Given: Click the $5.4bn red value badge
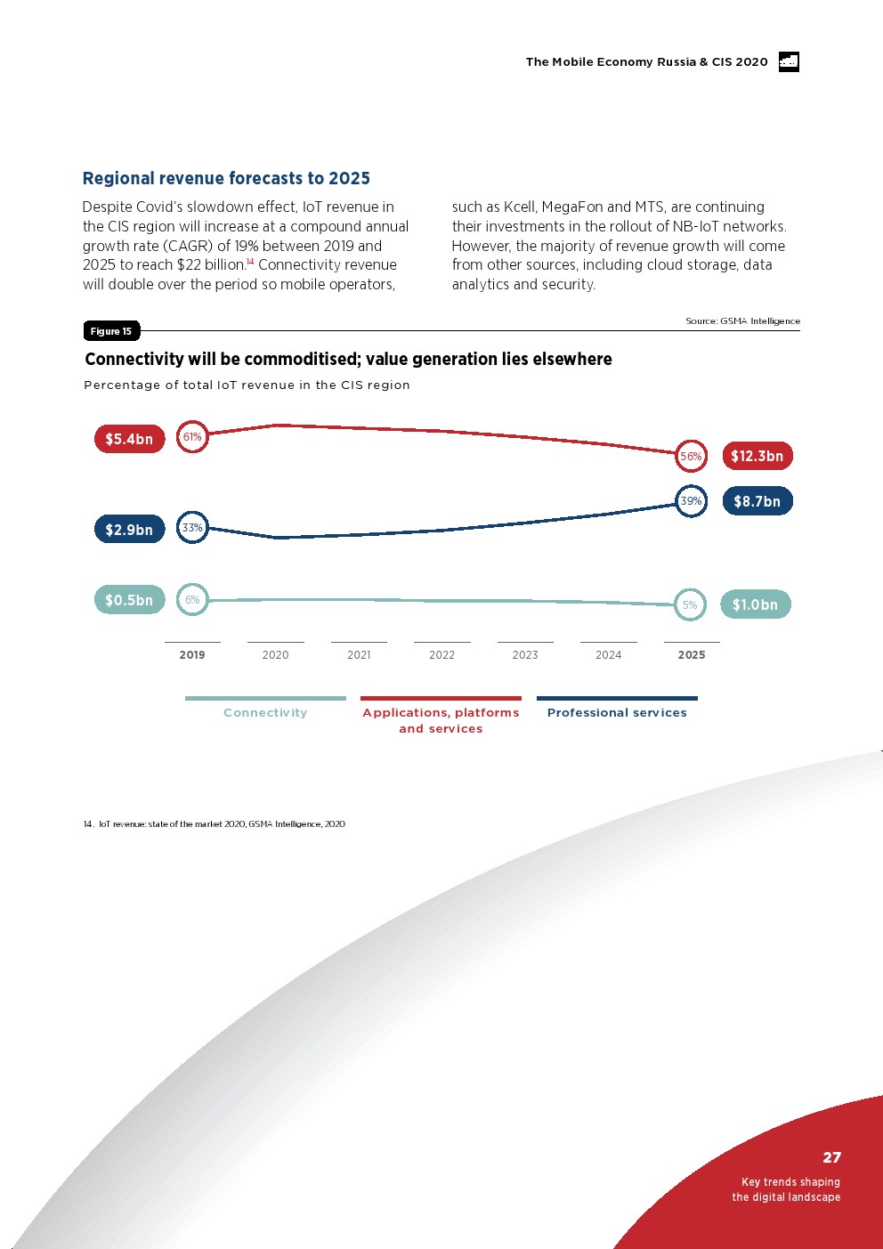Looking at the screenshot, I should (x=129, y=439).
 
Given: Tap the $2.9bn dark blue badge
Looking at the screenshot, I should (x=129, y=530).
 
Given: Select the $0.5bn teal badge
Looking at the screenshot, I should (x=129, y=600).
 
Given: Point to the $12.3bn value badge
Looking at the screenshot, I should (x=757, y=456).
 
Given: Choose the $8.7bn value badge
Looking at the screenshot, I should (x=757, y=501).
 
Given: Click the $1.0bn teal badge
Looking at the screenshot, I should (x=755, y=604).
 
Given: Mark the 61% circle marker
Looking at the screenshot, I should (x=192, y=436).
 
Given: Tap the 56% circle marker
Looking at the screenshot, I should (x=691, y=456).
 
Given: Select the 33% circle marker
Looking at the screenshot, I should (x=192, y=528).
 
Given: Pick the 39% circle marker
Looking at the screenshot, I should (x=691, y=501).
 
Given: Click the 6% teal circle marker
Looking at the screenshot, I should (x=192, y=600).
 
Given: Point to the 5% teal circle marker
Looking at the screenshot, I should (x=690, y=605).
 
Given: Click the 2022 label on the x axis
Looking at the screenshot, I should (x=441, y=655).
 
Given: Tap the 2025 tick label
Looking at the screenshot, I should (x=692, y=655).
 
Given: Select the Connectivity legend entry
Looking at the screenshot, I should (x=265, y=712).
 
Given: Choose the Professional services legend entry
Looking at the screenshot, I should (x=617, y=712).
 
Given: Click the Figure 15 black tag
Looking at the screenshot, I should (x=111, y=331).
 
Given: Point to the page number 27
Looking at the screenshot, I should (x=831, y=1157).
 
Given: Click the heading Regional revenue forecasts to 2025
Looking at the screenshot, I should (x=226, y=178).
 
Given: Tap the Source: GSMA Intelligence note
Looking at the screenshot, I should (x=742, y=320).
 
